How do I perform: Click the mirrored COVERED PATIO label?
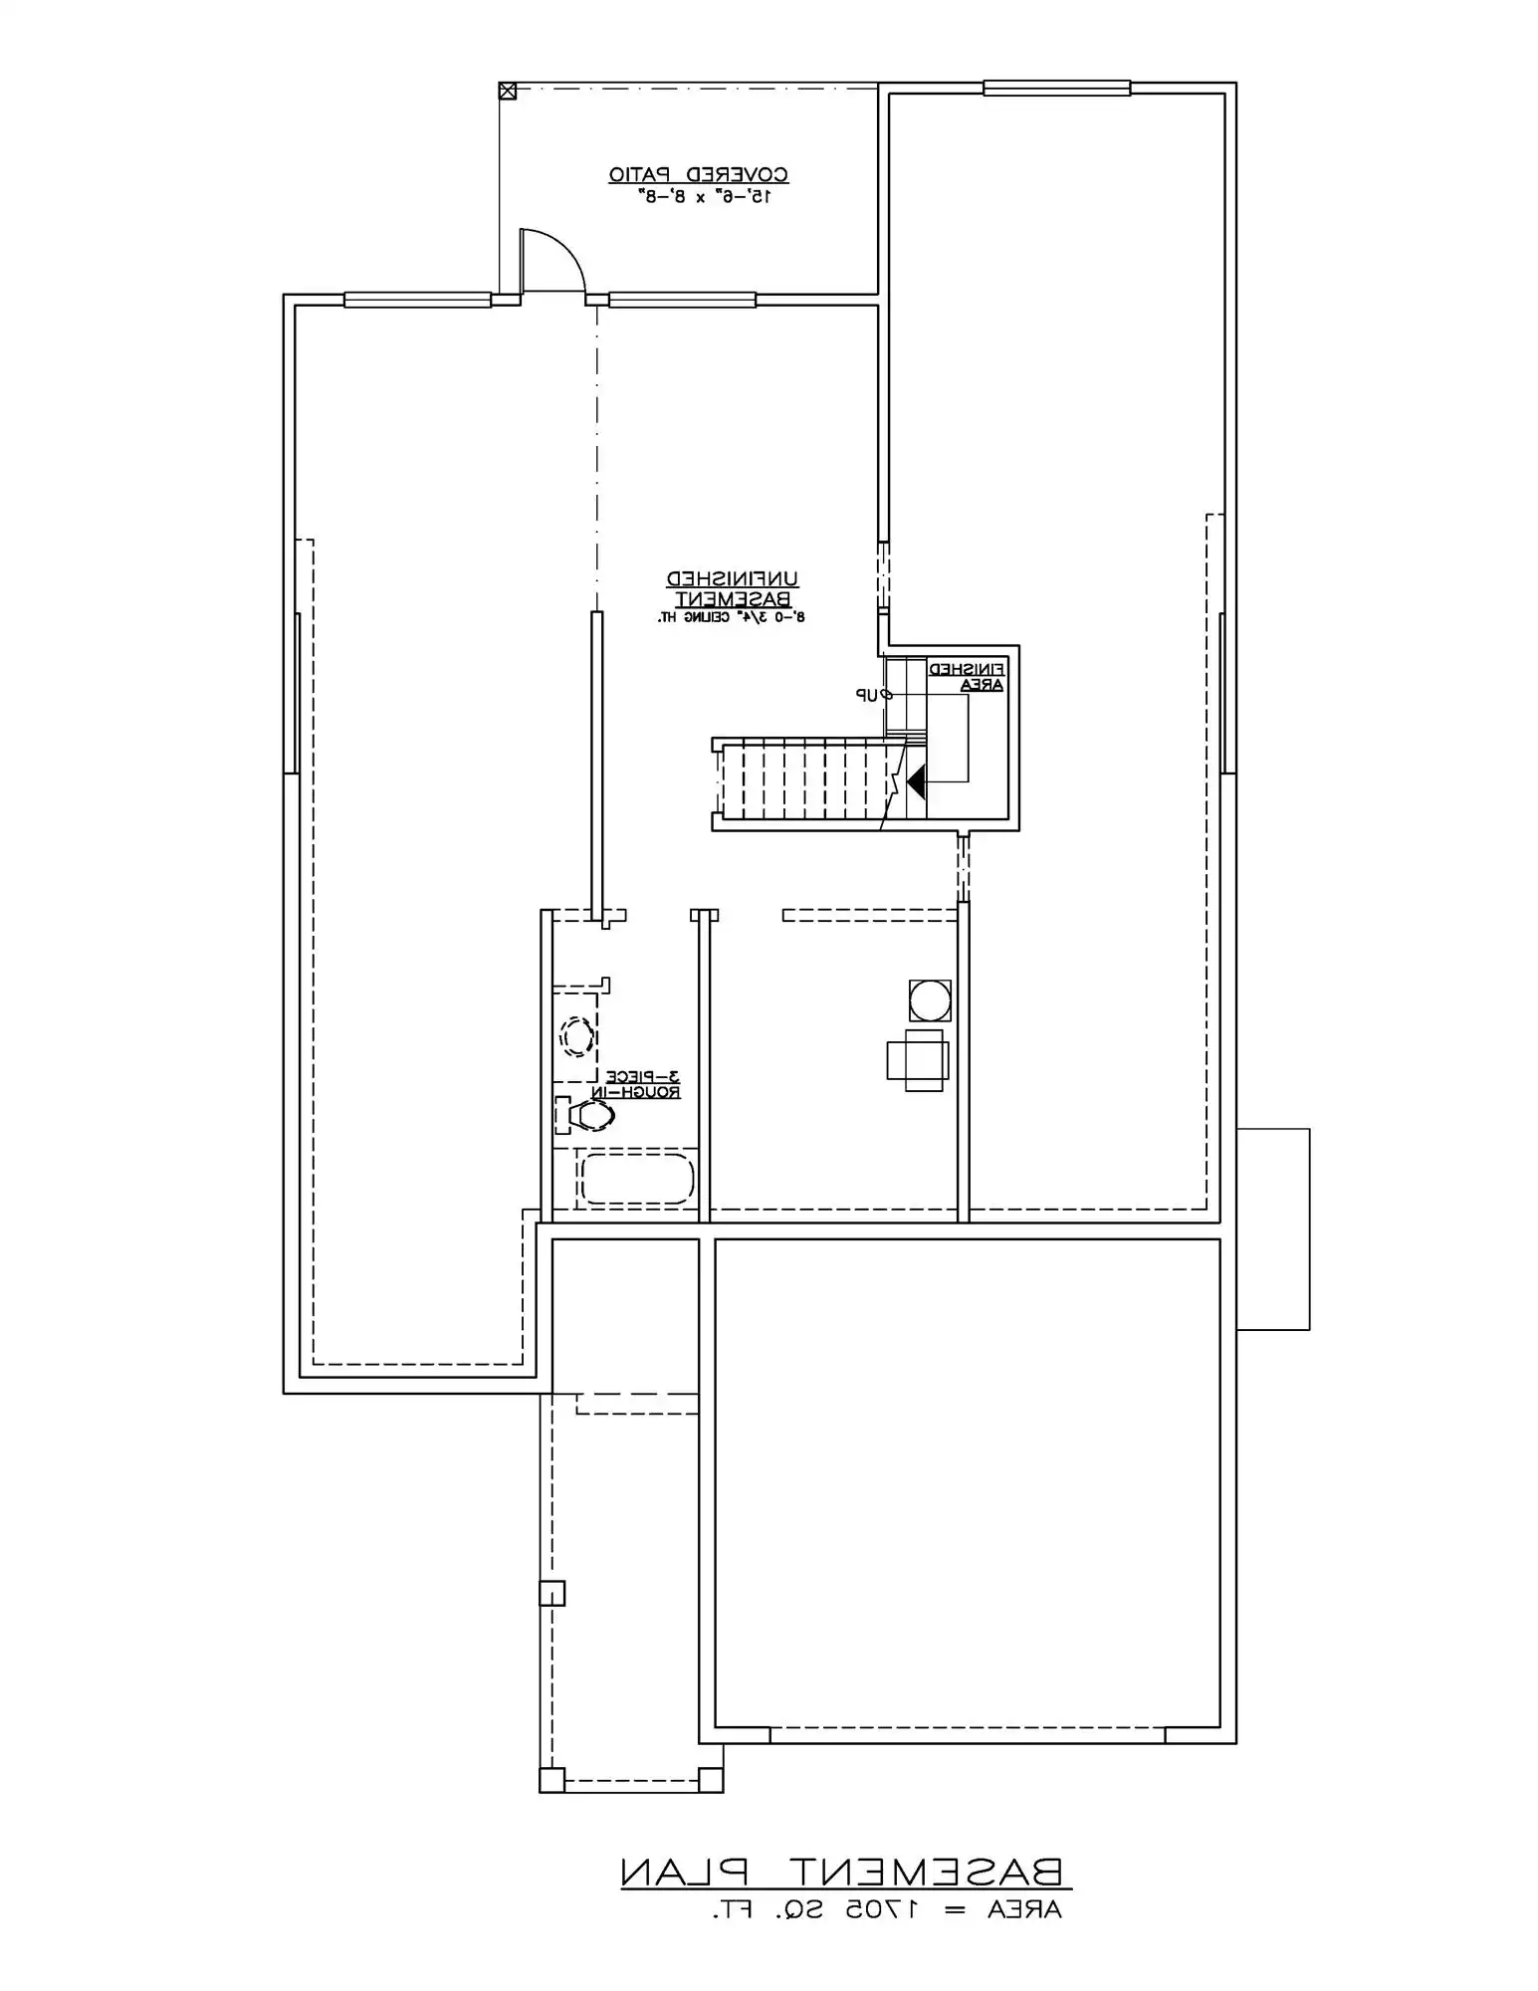tap(699, 175)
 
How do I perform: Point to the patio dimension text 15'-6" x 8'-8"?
tap(705, 197)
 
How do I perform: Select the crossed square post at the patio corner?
tap(508, 92)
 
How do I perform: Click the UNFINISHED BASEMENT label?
tap(733, 589)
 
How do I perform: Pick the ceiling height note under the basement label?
tap(731, 618)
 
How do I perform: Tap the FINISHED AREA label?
tap(968, 677)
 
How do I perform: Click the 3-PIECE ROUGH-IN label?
tap(637, 1084)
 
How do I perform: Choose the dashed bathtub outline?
tap(636, 1179)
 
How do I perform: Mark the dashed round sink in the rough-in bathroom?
tap(575, 1036)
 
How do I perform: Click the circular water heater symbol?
tap(930, 1000)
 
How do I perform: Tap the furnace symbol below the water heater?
tap(918, 1060)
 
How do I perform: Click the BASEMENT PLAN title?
tap(843, 1873)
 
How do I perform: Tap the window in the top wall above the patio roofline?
tap(1056, 88)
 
